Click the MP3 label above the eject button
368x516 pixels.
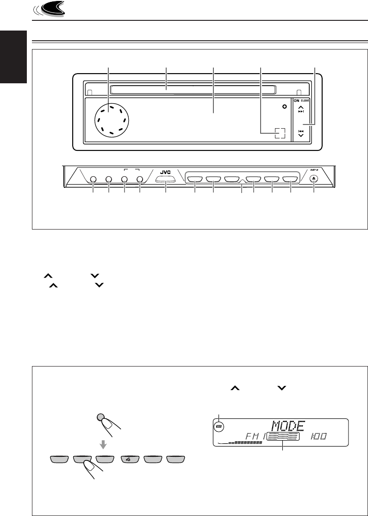pyautogui.click(x=313, y=169)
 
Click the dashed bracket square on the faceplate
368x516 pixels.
pyautogui.click(x=279, y=133)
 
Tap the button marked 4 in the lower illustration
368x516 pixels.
pyautogui.click(x=128, y=460)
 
